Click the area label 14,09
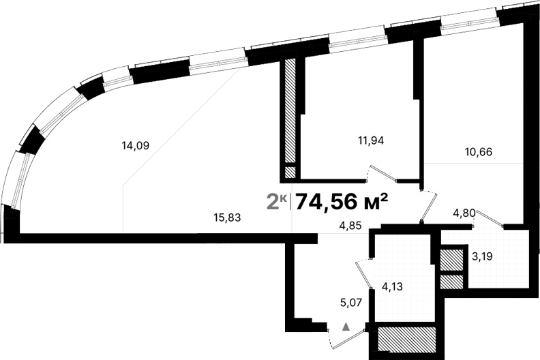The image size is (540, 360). coord(135,145)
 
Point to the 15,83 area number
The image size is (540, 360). coord(228,217)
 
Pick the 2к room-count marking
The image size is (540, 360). coord(275,201)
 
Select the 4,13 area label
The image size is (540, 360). coord(393,286)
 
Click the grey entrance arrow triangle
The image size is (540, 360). coord(346,327)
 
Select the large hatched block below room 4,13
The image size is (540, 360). coord(406,339)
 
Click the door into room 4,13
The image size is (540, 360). coord(362,274)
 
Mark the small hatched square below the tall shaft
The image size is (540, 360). coord(290,172)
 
